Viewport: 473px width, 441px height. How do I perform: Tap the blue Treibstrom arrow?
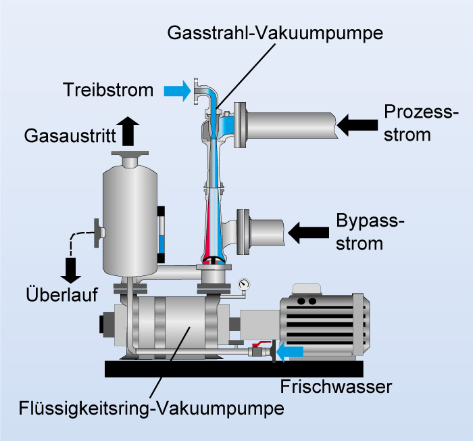(177, 89)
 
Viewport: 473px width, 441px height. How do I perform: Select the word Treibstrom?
(108, 89)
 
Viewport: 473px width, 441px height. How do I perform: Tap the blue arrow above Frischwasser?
(290, 351)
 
